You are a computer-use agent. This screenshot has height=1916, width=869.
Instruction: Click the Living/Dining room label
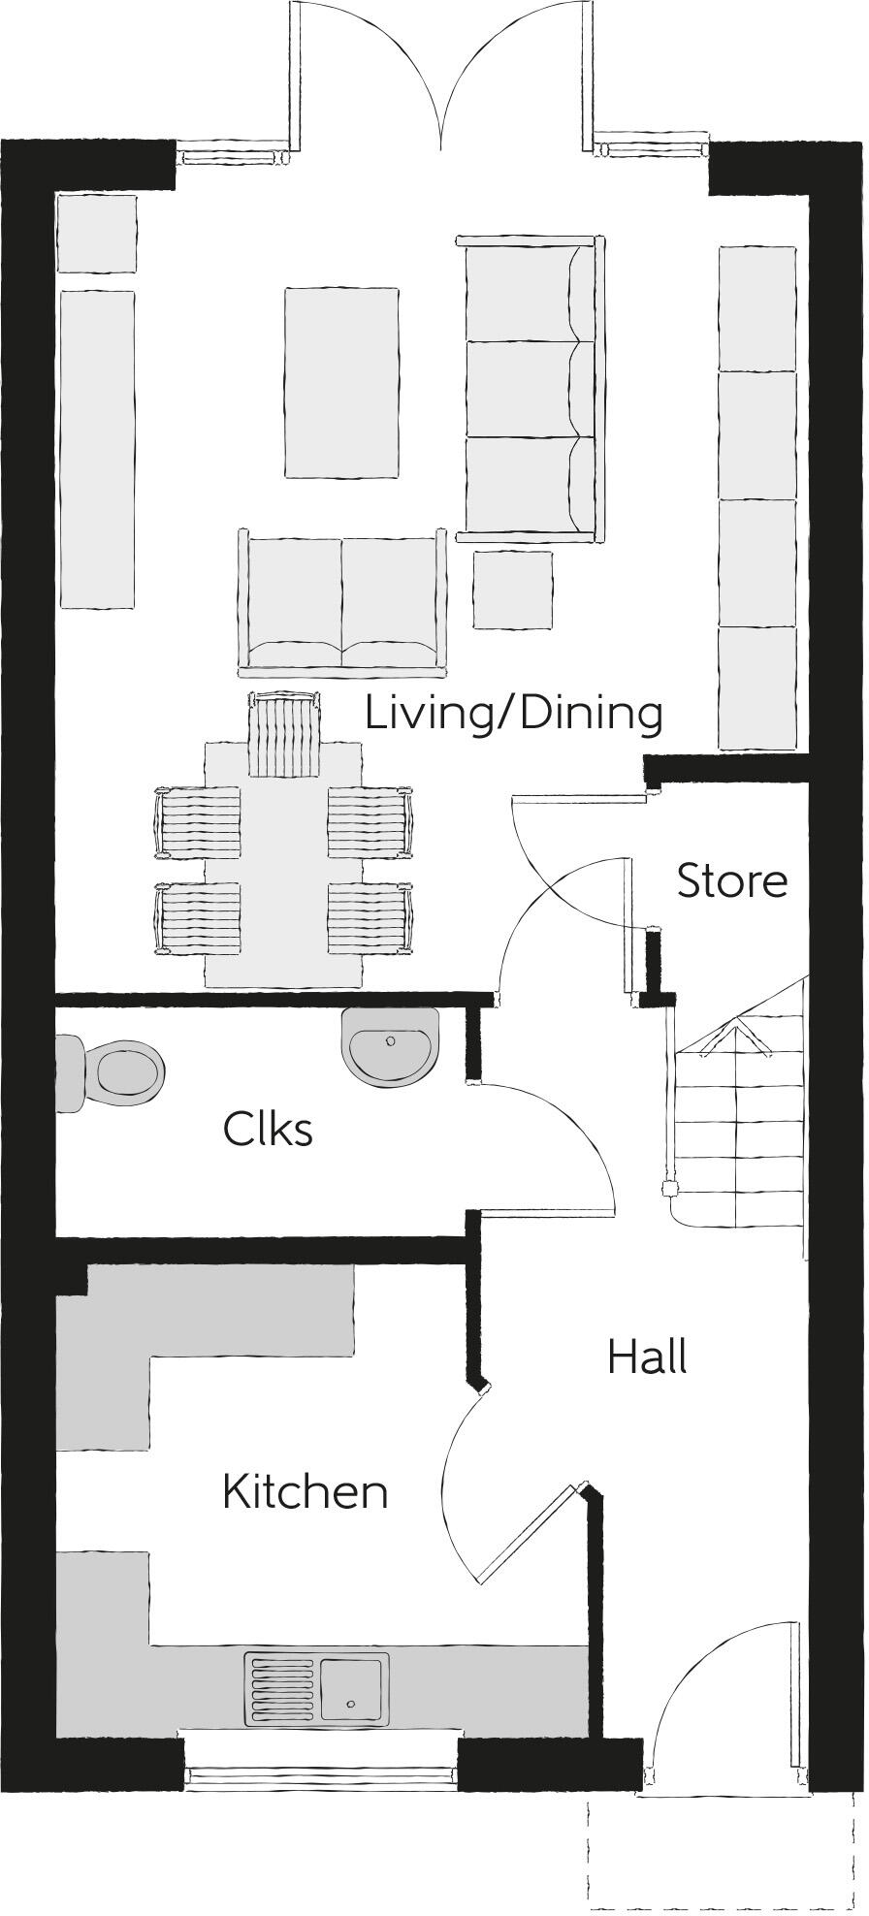coord(514,715)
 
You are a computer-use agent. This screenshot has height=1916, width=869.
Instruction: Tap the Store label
coord(731,881)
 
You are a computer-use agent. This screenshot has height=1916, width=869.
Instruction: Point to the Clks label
coord(268,1129)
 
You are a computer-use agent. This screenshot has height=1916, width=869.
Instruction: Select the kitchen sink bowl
coord(353,1689)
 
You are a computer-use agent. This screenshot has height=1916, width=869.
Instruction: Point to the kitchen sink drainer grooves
coord(282,1689)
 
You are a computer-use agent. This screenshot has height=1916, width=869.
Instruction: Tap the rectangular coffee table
coord(341,382)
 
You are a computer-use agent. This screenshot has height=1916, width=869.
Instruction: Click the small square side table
coord(513,590)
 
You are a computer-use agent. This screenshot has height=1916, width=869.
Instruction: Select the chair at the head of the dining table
coord(283,734)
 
